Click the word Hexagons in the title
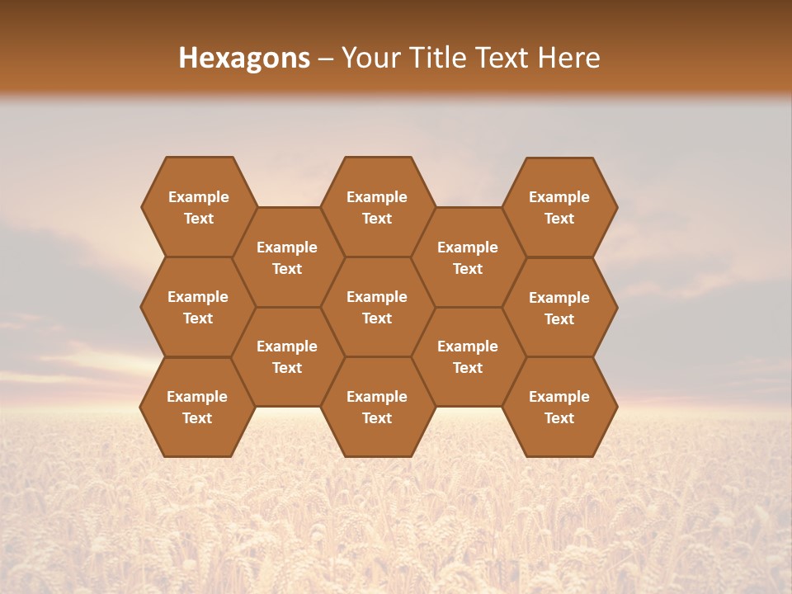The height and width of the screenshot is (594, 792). (x=244, y=58)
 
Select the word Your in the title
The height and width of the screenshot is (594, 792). (x=369, y=58)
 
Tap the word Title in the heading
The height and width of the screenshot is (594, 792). (x=431, y=58)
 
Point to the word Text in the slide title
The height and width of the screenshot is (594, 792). (x=502, y=58)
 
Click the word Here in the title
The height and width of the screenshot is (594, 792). (x=569, y=58)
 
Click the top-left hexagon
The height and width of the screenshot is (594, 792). (x=198, y=207)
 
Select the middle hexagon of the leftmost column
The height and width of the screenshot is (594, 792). (x=198, y=307)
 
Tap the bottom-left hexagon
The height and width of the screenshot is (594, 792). (x=197, y=407)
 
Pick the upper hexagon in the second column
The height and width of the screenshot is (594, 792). (x=287, y=257)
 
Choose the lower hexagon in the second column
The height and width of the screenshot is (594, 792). (x=287, y=356)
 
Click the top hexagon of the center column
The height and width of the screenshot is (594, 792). (x=377, y=207)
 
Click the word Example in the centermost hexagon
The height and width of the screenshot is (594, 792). (x=377, y=297)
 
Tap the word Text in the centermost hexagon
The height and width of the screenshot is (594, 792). (x=377, y=318)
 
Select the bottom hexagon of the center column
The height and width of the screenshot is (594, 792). (x=377, y=407)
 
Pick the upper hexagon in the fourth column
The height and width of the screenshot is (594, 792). (x=468, y=257)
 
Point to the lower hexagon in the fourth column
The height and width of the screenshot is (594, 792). (x=468, y=356)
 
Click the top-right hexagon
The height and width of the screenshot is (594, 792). (x=559, y=207)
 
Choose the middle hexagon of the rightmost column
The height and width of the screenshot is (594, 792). (x=559, y=308)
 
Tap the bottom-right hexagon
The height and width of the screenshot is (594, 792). (x=559, y=407)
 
